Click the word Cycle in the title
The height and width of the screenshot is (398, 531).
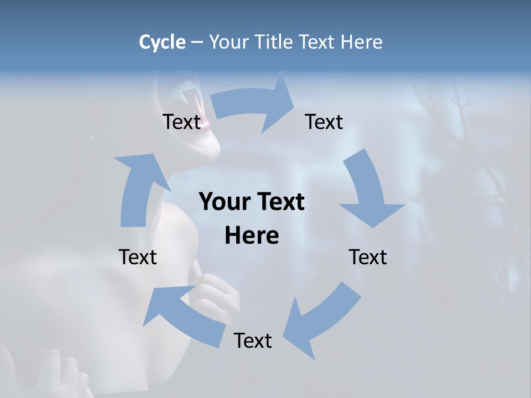[x=162, y=42]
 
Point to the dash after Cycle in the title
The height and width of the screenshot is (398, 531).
[x=197, y=43]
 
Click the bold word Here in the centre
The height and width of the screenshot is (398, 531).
[x=252, y=235]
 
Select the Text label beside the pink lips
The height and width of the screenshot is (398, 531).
[x=181, y=122]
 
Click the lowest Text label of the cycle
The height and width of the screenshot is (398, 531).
[x=253, y=341]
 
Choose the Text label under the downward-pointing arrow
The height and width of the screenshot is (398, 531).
[x=368, y=257]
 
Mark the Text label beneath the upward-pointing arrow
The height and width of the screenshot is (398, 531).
[x=138, y=257]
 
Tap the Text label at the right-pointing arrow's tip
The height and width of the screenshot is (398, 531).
[x=324, y=122]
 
